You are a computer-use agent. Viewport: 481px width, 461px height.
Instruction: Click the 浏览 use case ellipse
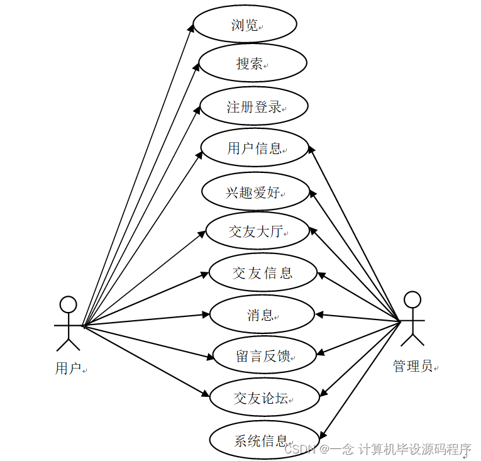tap(245, 25)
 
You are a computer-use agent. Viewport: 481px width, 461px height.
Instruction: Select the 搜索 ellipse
tap(253, 63)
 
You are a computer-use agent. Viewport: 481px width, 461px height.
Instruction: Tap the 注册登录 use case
tap(254, 107)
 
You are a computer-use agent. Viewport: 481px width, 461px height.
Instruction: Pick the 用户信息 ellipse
tap(255, 148)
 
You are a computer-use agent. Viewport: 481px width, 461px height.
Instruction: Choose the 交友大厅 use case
tap(257, 231)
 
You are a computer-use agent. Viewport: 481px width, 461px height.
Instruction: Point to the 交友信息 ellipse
tap(262, 273)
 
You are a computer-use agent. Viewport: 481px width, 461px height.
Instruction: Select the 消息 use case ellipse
tap(262, 314)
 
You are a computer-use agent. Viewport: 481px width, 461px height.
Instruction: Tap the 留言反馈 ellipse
tap(263, 356)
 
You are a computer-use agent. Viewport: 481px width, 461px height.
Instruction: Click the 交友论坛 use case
tap(263, 397)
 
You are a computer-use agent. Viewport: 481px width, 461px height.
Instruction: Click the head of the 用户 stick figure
tap(68, 305)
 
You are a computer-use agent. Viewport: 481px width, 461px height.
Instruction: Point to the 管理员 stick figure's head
tap(412, 299)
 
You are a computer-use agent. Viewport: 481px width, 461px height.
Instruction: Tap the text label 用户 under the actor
tap(68, 369)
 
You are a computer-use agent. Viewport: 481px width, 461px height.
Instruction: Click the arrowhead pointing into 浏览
tap(193, 28)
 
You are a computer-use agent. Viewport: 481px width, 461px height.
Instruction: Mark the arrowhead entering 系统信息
tap(323, 435)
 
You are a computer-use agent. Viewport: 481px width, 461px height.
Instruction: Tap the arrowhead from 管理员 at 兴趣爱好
tap(312, 192)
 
